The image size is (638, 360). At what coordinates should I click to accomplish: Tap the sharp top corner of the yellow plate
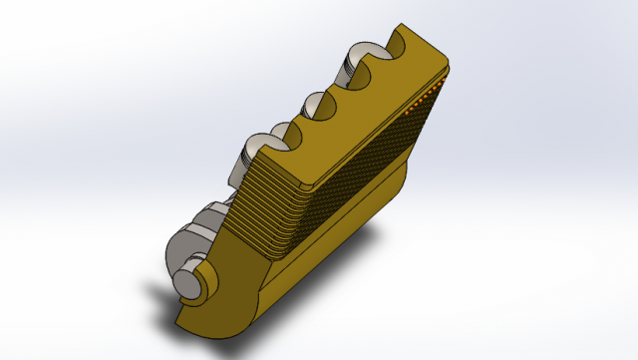pyautogui.click(x=399, y=24)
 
